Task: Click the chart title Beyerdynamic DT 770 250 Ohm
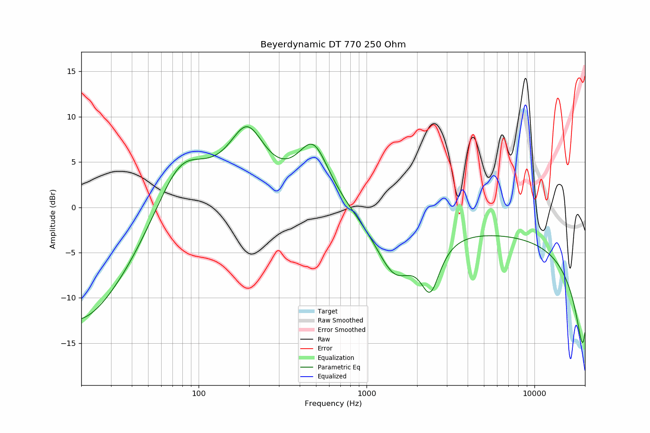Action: point(333,45)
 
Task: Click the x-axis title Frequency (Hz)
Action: point(333,404)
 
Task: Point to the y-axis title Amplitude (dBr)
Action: point(53,219)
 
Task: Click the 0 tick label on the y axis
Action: point(74,207)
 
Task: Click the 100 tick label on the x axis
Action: point(199,393)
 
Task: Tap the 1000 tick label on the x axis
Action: point(367,393)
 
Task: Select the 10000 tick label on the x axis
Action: point(534,393)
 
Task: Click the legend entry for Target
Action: point(327,311)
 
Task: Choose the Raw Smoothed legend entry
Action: point(340,321)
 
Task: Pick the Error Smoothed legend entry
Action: point(341,330)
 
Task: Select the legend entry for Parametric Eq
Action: point(339,367)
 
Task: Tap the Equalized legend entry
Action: point(332,377)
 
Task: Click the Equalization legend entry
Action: point(335,358)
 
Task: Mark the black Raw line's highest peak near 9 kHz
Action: point(525,78)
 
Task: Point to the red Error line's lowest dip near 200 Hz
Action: point(248,288)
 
